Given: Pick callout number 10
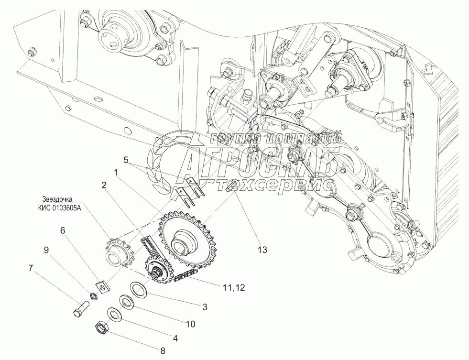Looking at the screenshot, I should pyautogui.click(x=190, y=324).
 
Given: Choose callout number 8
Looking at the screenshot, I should pyautogui.click(x=163, y=350).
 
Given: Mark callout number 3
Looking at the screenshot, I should pyautogui.click(x=205, y=306).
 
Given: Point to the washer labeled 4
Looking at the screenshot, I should pyautogui.click(x=114, y=313).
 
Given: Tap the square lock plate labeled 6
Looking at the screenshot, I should pyautogui.click(x=102, y=285).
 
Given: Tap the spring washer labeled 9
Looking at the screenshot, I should pyautogui.click(x=94, y=295).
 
